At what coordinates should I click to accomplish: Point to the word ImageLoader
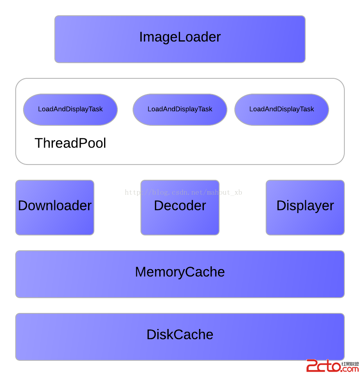(180, 37)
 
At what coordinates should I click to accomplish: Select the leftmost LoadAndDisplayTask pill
(70, 110)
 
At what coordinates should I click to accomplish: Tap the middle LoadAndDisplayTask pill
(180, 110)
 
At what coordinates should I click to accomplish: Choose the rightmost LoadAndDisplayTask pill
(282, 110)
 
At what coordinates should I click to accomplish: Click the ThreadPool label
(70, 143)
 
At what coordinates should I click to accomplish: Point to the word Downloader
(55, 206)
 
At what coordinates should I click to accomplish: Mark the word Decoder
(180, 206)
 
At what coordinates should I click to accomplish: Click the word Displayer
(305, 206)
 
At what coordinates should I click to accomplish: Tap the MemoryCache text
(180, 272)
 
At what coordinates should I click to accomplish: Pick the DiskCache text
(180, 334)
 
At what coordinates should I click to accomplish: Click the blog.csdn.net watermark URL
(184, 192)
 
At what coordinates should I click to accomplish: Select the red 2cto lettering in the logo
(323, 366)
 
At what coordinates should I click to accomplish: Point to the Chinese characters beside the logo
(350, 364)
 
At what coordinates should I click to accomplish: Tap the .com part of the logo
(350, 369)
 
